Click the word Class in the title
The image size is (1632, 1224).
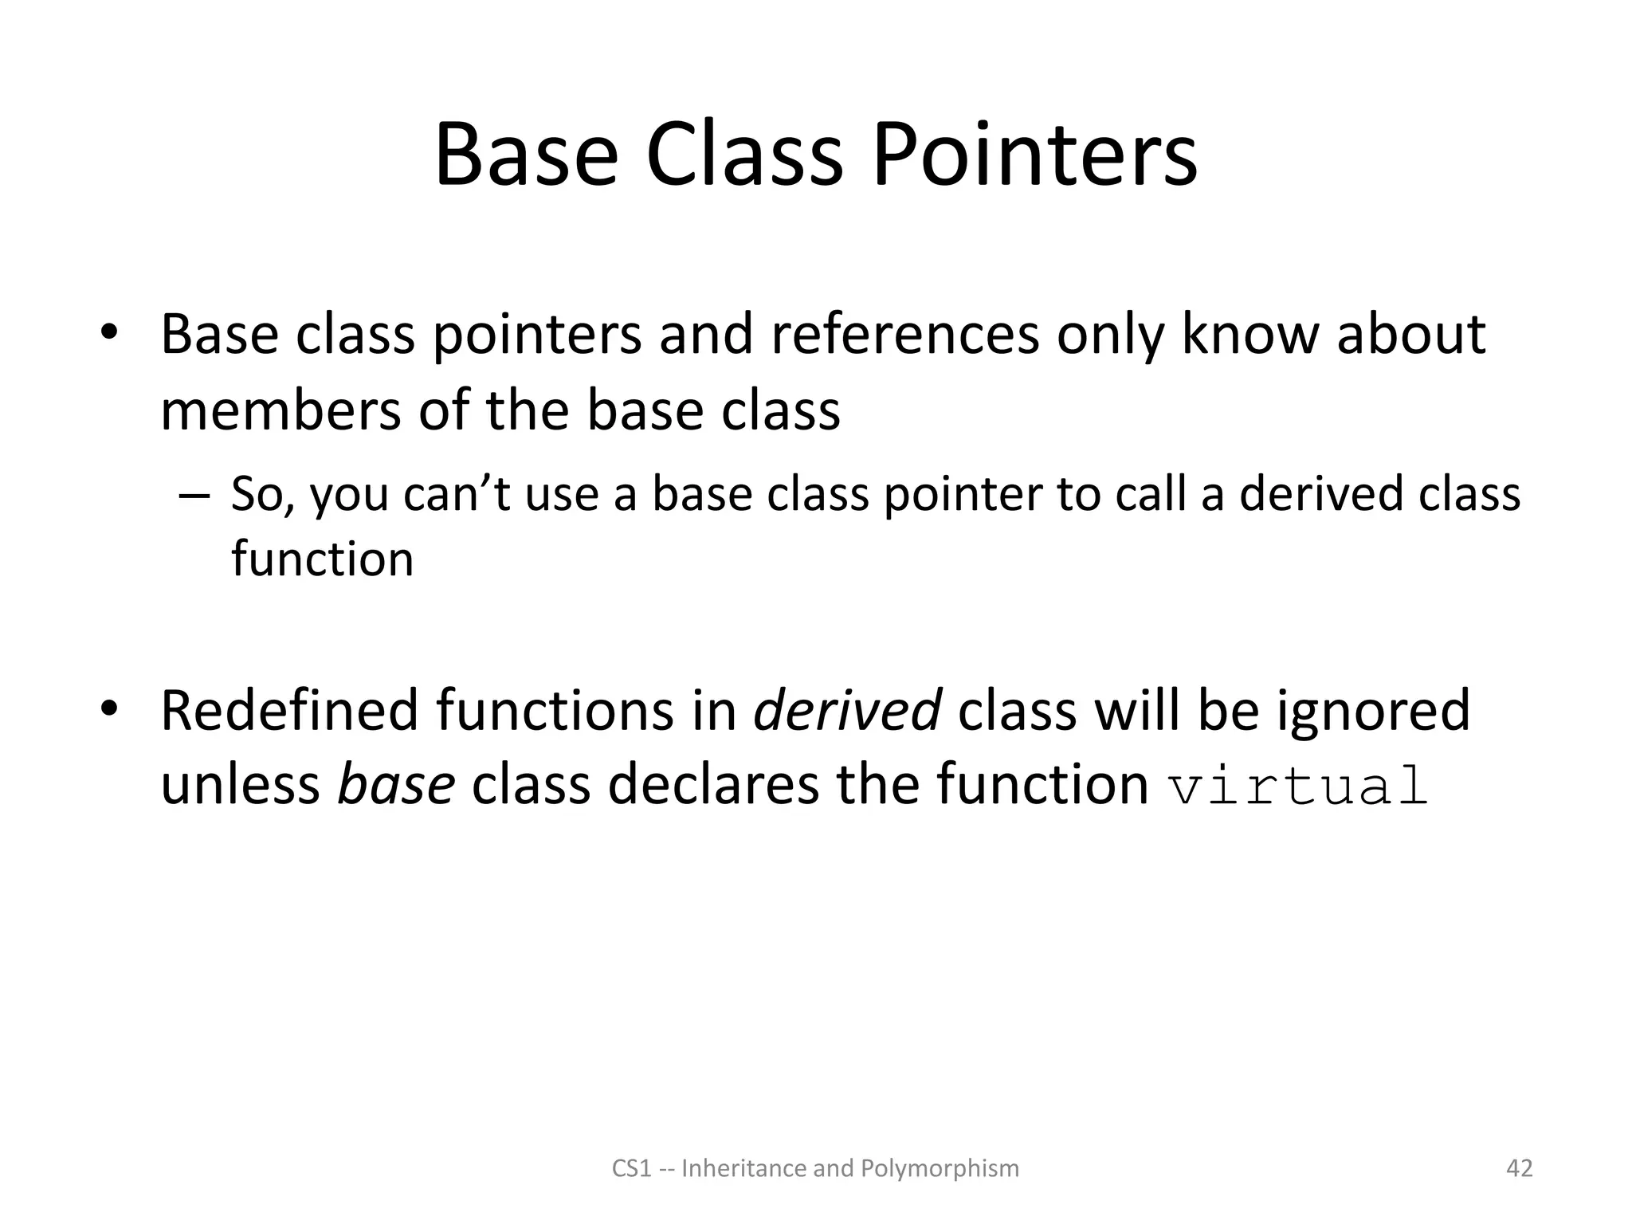744,155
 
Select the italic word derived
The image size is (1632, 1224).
847,710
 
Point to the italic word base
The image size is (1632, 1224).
396,784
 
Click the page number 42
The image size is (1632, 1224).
1519,1168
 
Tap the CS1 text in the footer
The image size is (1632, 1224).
632,1169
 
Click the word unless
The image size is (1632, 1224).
240,784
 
